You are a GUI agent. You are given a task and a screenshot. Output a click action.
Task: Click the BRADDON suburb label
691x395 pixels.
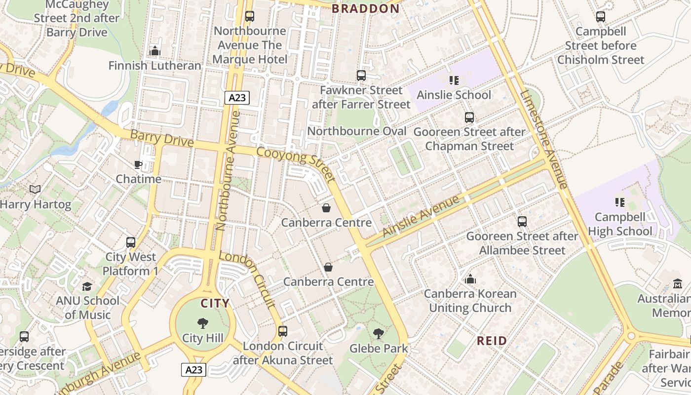(365, 8)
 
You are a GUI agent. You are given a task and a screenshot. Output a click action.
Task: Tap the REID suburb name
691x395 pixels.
(492, 341)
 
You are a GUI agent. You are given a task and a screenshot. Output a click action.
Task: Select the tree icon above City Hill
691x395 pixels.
(202, 323)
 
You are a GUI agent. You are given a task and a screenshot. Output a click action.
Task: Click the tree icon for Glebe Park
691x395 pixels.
(379, 334)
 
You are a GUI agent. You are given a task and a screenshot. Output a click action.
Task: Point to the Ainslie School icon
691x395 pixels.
(454, 80)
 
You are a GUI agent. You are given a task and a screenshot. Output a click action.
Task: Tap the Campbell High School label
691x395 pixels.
(620, 224)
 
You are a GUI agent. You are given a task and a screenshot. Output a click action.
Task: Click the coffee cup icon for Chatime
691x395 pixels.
(138, 164)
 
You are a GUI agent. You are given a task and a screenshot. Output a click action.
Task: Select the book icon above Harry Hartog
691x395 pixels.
(35, 190)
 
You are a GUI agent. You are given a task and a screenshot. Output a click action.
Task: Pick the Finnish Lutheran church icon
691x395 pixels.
(155, 51)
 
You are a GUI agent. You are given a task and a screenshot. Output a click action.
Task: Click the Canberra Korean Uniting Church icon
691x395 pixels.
(470, 279)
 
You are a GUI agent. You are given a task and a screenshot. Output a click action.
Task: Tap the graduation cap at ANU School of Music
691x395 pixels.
(87, 286)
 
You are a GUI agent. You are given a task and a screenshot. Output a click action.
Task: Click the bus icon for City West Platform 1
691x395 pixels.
(131, 242)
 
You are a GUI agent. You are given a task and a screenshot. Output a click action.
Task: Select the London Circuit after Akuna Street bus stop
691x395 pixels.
(283, 331)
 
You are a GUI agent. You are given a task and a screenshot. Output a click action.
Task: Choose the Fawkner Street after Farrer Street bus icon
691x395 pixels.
(361, 76)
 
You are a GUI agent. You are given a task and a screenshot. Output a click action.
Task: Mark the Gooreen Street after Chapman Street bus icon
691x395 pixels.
(469, 118)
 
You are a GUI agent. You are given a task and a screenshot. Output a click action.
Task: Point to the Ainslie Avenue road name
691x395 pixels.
(421, 215)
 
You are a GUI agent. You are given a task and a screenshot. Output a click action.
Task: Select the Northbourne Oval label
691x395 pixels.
(357, 131)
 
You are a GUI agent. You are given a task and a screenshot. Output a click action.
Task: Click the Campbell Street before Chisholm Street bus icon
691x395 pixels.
(601, 17)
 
